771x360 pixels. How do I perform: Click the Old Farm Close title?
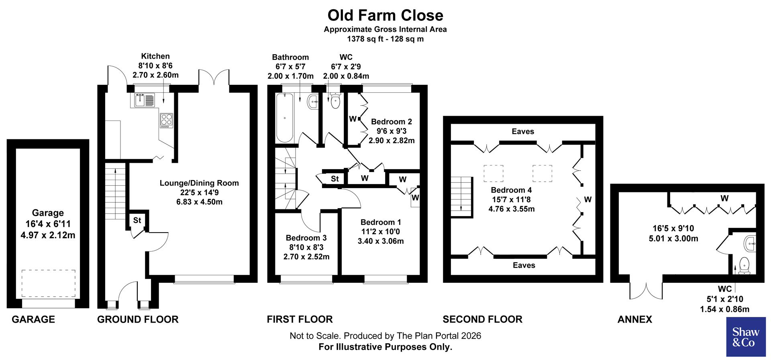(x=385, y=15)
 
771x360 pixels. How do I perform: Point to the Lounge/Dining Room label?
(x=199, y=183)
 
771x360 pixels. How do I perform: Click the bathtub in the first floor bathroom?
(x=285, y=117)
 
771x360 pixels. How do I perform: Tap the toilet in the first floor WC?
(x=335, y=101)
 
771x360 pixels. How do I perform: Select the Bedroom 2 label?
(x=391, y=122)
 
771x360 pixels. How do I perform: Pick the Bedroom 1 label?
(x=380, y=222)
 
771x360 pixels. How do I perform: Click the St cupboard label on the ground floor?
(x=137, y=220)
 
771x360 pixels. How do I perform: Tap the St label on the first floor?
(x=335, y=179)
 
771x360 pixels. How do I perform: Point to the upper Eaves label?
(x=523, y=131)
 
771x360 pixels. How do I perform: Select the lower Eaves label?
(x=524, y=265)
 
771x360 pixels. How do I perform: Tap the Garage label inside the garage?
(x=48, y=213)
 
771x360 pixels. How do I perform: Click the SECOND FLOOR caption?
(x=482, y=319)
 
